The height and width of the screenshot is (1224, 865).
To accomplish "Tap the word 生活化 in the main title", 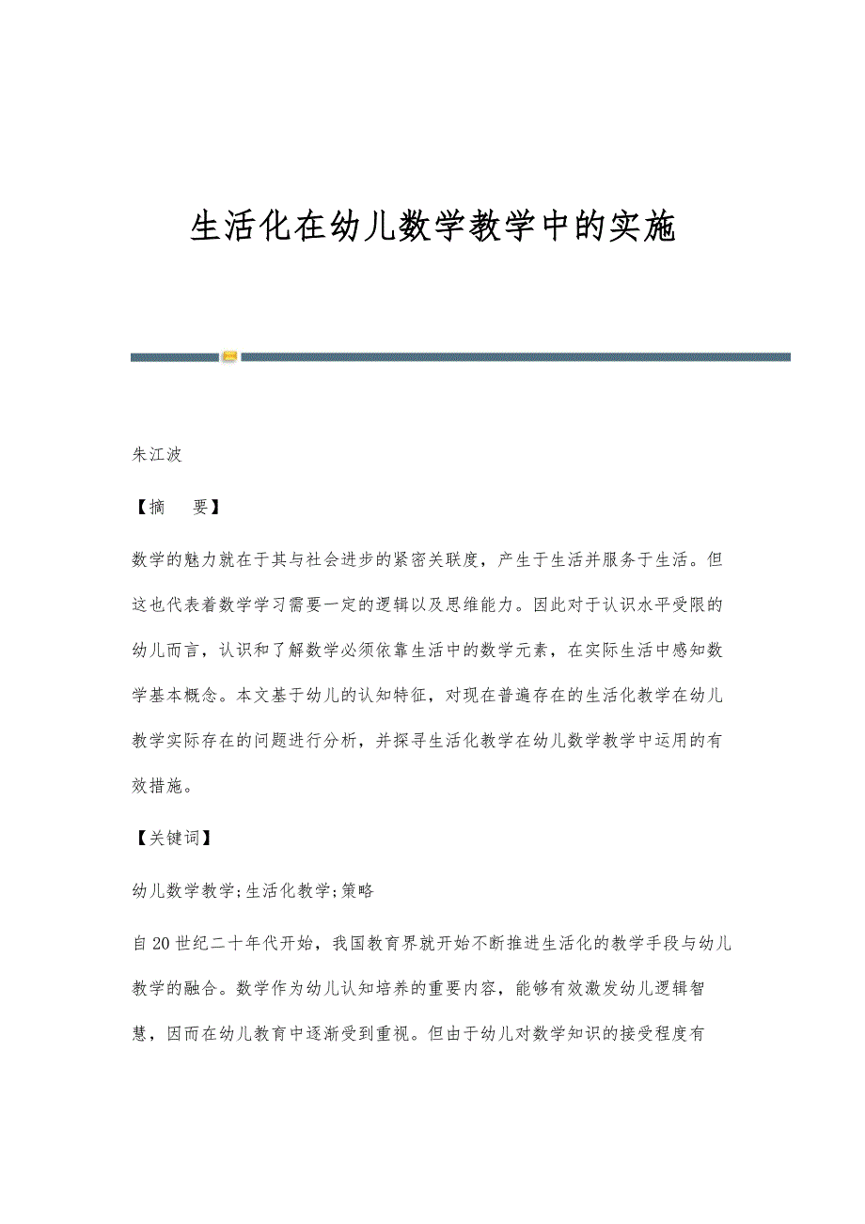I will [x=241, y=228].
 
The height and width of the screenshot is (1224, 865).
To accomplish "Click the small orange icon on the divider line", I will [x=229, y=357].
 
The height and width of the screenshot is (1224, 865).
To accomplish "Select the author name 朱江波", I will [x=156, y=455].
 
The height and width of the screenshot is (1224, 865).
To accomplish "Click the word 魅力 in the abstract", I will [x=213, y=560].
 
